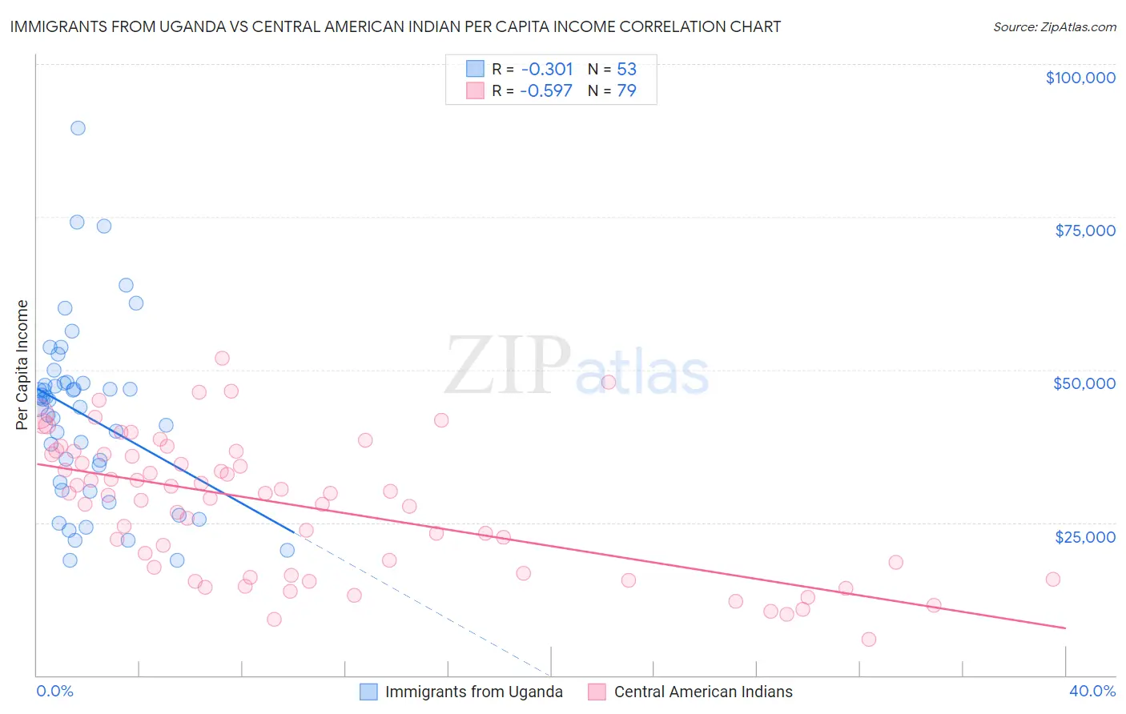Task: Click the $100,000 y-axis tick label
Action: click(1080, 78)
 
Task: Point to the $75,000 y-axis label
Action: click(1084, 231)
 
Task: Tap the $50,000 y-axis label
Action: click(1084, 383)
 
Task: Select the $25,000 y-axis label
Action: click(1084, 536)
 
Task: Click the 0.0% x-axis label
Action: click(54, 691)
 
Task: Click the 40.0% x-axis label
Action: click(1092, 691)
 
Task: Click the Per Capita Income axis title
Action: click(22, 364)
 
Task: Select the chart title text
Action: click(395, 26)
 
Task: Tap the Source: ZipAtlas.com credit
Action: click(1054, 27)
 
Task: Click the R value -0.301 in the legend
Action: click(546, 70)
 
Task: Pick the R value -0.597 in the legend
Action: click(546, 91)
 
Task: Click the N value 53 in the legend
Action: click(626, 70)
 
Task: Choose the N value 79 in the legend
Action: click(626, 91)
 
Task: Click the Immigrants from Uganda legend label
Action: click(473, 692)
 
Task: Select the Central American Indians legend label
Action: click(702, 692)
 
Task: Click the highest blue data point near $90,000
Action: click(78, 128)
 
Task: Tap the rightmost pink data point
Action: click(1052, 580)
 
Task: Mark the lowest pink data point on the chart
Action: click(868, 639)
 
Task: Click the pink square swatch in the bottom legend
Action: click(597, 692)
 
